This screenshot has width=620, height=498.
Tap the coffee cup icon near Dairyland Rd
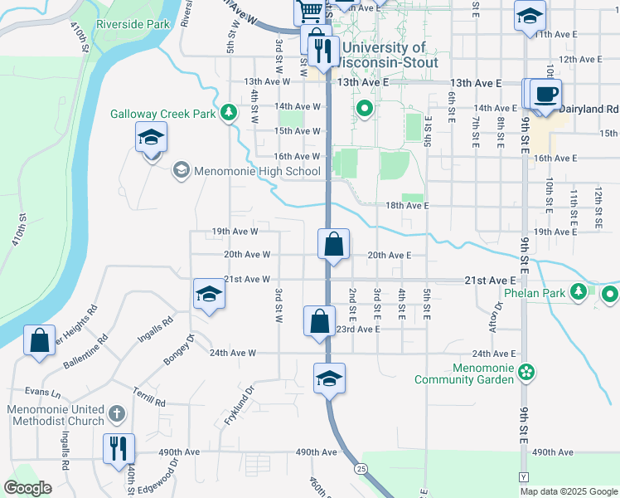pyautogui.click(x=546, y=93)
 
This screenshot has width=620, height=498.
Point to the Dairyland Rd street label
pyautogui.click(x=589, y=109)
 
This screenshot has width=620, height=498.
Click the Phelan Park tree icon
pyautogui.click(x=579, y=292)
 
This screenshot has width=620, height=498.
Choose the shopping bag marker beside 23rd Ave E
pyautogui.click(x=319, y=321)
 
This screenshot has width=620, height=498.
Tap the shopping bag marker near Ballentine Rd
pyautogui.click(x=39, y=340)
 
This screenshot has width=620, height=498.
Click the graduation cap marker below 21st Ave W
pyautogui.click(x=208, y=295)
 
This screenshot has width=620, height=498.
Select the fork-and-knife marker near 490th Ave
pyautogui.click(x=118, y=448)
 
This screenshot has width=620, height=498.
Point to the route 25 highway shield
pyautogui.click(x=362, y=469)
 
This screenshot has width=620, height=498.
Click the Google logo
pyautogui.click(x=27, y=487)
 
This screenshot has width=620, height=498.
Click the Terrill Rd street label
pyautogui.click(x=149, y=396)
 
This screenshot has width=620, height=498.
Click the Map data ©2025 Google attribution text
pyautogui.click(x=568, y=491)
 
